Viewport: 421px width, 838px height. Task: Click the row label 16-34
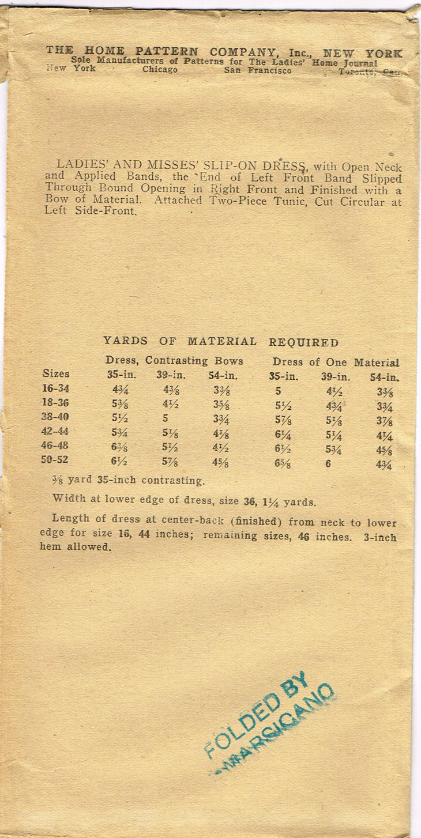[x=56, y=388]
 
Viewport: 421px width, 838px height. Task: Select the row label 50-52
[x=56, y=460]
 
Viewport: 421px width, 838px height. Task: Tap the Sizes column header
[x=56, y=373]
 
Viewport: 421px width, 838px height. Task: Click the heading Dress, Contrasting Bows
[x=174, y=361]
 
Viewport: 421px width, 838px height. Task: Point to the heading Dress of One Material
[x=336, y=363]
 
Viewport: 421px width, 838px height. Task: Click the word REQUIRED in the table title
[x=303, y=342]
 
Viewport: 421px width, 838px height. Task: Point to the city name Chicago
[x=160, y=70]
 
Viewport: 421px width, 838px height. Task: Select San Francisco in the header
[x=258, y=71]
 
